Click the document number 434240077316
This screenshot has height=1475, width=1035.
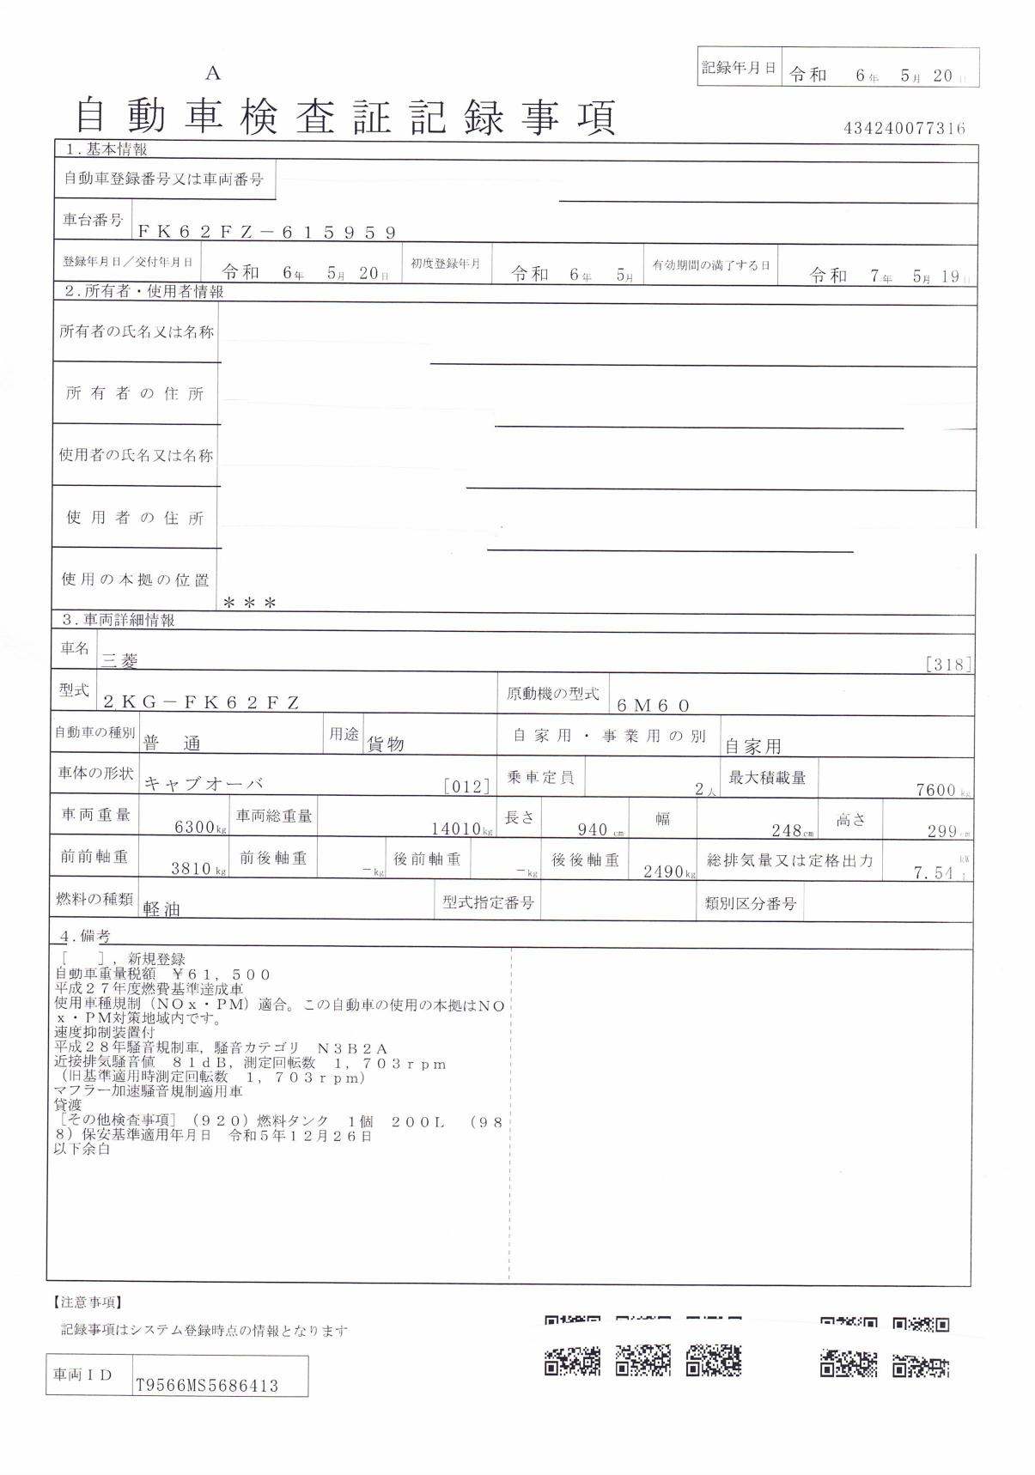coord(904,129)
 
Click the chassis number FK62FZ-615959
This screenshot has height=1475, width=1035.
coord(267,232)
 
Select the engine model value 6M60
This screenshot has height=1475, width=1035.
coord(653,706)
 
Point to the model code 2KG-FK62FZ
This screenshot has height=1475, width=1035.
coord(201,702)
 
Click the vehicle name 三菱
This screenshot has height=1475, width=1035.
coord(119,660)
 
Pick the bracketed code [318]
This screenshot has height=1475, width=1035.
coord(948,664)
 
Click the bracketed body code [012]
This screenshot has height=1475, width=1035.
coord(466,786)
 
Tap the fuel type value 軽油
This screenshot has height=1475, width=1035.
coord(161,909)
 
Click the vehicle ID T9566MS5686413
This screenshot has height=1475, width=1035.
coord(206,1386)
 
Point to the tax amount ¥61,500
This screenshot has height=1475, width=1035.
coord(221,974)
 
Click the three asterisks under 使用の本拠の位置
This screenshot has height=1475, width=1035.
coord(249,603)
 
